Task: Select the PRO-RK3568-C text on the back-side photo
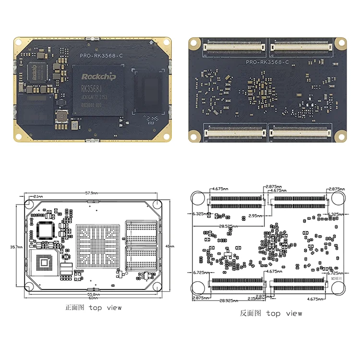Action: click(267, 62)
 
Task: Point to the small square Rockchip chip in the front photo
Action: click(38, 72)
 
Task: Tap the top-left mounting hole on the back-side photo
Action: click(194, 43)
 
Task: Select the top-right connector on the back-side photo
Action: click(301, 47)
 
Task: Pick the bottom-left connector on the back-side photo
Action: click(236, 132)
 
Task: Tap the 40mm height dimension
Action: click(168, 246)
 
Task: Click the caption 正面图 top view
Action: click(93, 308)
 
